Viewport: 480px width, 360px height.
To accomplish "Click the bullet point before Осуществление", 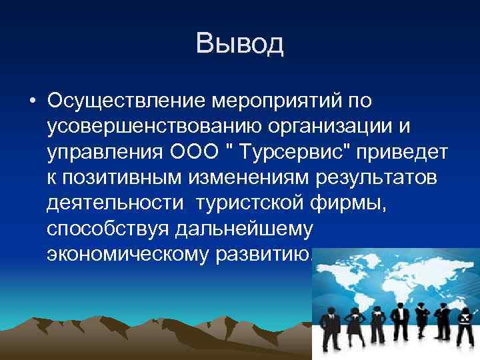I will click(x=32, y=103).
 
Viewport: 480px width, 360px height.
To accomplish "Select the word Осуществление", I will click(x=127, y=102).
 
